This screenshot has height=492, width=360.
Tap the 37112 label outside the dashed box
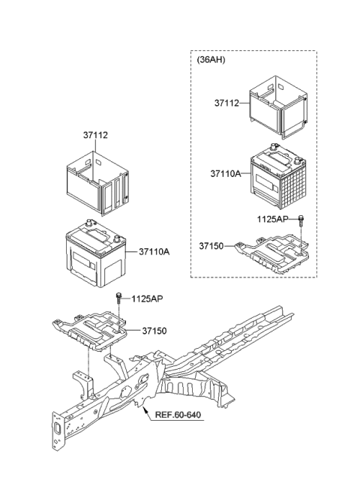tap(95, 136)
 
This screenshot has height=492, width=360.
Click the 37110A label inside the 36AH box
tap(225, 172)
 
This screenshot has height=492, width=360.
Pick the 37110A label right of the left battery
tap(154, 252)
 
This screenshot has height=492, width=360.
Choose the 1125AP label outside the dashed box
tap(148, 298)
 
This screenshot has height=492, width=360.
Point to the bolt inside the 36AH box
tap(301, 219)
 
